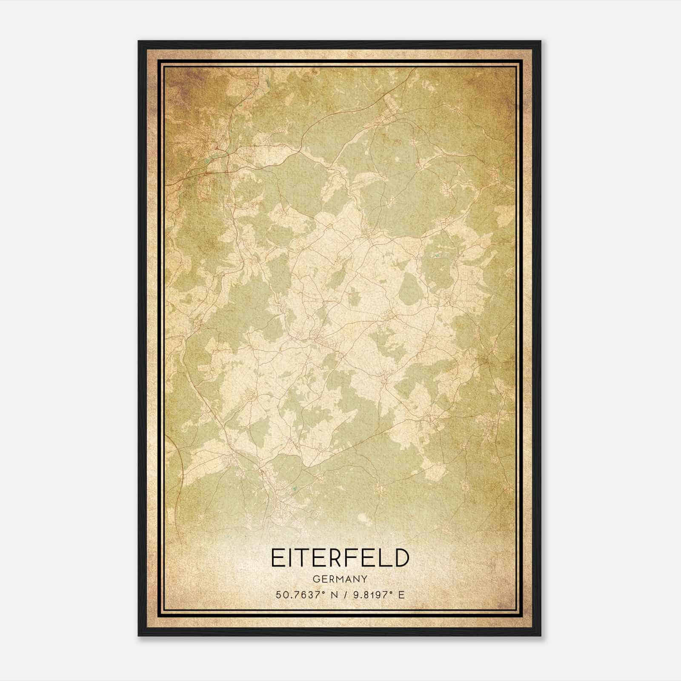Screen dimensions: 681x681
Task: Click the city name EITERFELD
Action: click(x=340, y=558)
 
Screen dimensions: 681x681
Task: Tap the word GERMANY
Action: click(x=340, y=579)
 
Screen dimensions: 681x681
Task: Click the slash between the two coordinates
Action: click(x=344, y=595)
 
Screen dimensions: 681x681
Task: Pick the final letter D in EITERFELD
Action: click(x=401, y=558)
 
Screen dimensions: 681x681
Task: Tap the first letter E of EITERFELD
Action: click(x=277, y=558)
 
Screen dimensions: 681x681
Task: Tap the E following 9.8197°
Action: click(x=401, y=595)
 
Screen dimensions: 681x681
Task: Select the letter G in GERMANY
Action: click(x=315, y=579)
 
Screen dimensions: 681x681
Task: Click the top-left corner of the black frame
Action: click(x=139, y=42)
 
